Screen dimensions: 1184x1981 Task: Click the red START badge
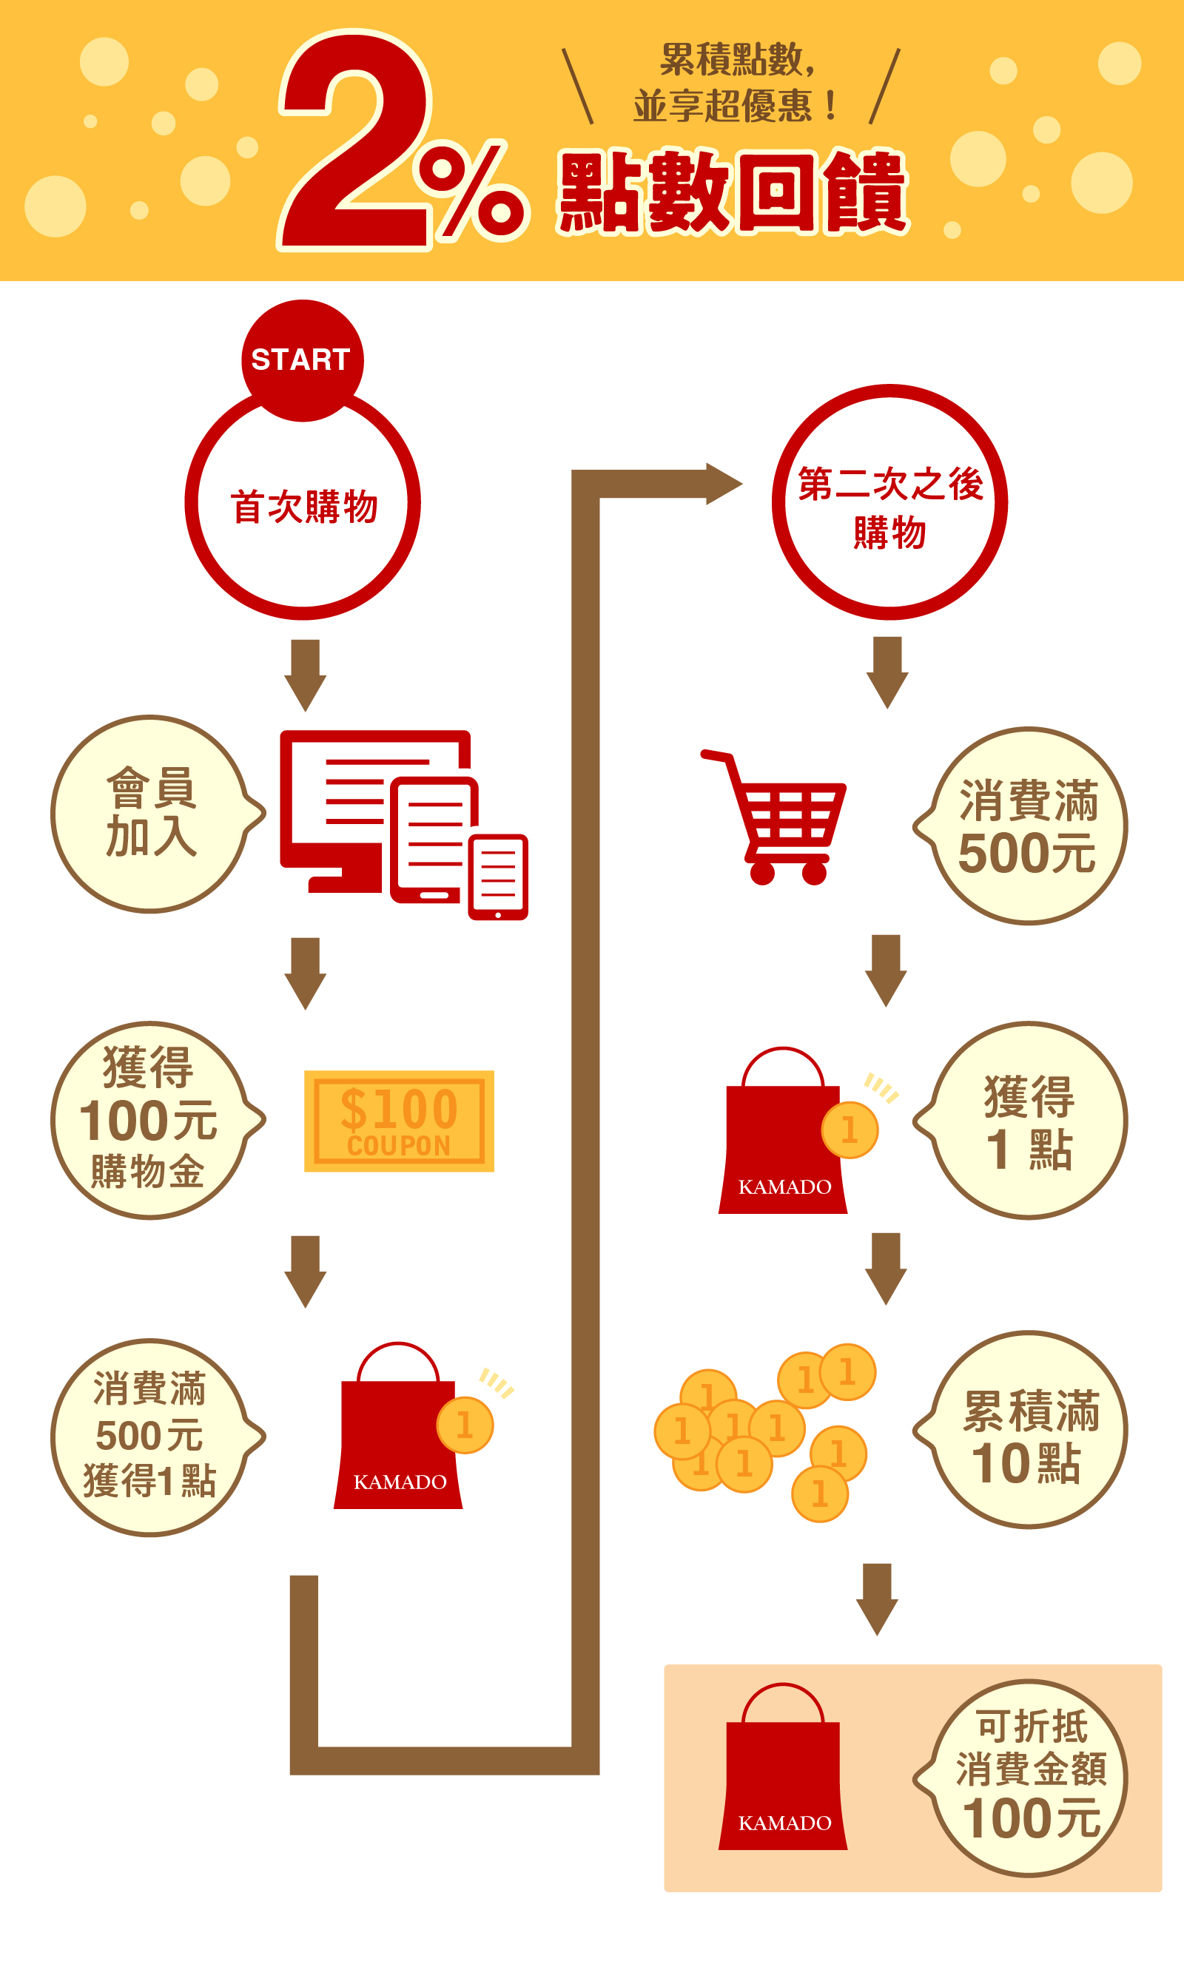pyautogui.click(x=303, y=360)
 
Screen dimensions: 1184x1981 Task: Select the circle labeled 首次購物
pyautogui.click(x=303, y=506)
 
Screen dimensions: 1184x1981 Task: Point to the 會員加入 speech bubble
pyautogui.click(x=152, y=814)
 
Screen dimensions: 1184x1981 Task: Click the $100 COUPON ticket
pyautogui.click(x=399, y=1121)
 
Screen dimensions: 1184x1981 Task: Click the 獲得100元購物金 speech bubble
pyautogui.click(x=152, y=1120)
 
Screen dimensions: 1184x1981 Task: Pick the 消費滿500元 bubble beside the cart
pyautogui.click(x=1027, y=826)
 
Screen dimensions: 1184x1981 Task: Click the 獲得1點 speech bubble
pyautogui.click(x=1027, y=1120)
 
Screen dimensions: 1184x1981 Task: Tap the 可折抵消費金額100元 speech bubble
pyautogui.click(x=1027, y=1778)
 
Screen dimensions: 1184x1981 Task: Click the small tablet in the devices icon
pyautogui.click(x=499, y=877)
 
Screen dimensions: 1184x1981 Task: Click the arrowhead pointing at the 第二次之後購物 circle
pyautogui.click(x=722, y=483)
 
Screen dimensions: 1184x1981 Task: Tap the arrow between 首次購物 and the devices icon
pyautogui.click(x=306, y=674)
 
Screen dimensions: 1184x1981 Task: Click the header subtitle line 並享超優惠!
pyautogui.click(x=734, y=106)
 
